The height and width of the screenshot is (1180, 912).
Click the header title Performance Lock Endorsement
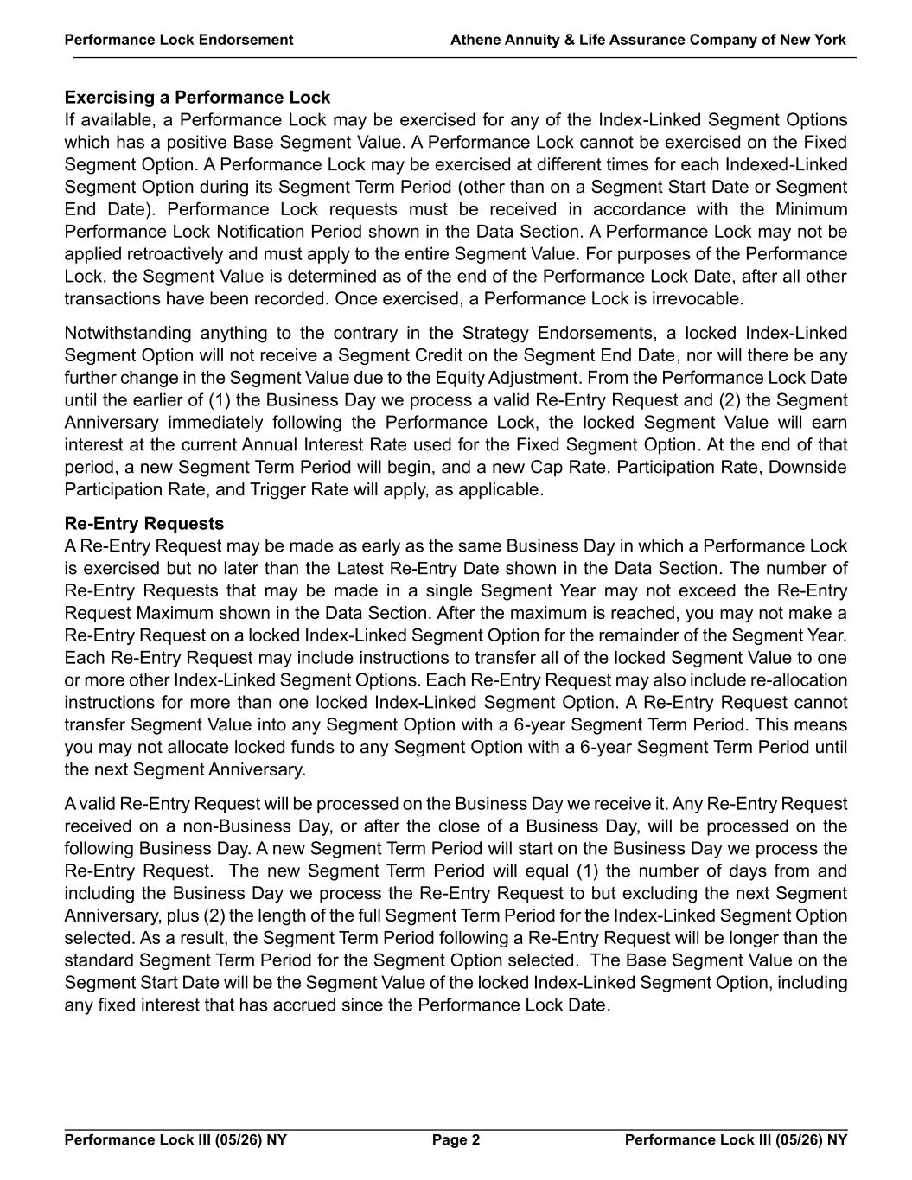(179, 40)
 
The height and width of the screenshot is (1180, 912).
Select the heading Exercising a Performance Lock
(197, 97)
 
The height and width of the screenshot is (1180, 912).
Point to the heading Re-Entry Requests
(143, 524)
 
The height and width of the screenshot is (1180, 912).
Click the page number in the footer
(456, 1139)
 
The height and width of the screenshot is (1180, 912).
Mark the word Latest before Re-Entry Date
(361, 569)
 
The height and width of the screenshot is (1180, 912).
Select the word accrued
(304, 1005)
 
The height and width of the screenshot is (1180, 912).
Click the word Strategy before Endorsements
(496, 334)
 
